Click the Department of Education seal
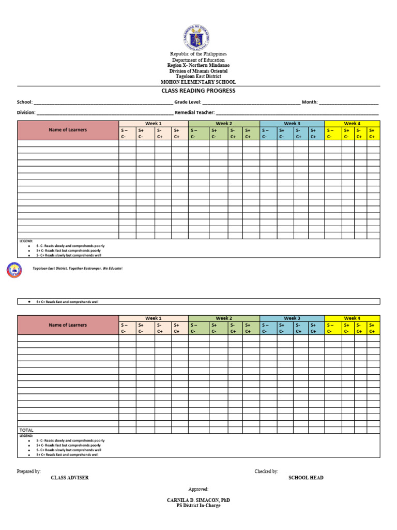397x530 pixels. click(x=196, y=37)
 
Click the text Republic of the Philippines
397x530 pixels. click(x=198, y=54)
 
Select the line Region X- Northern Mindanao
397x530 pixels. click(x=198, y=66)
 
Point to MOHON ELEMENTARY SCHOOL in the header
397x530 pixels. click(x=198, y=82)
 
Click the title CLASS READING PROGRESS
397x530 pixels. click(x=198, y=91)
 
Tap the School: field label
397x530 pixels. click(x=25, y=102)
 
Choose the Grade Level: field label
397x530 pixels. click(x=188, y=102)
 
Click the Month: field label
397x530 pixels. click(x=310, y=102)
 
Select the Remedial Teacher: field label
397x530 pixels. click(x=195, y=112)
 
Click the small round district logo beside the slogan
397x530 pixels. click(x=14, y=270)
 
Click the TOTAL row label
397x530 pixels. click(x=26, y=430)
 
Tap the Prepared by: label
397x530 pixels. click(x=29, y=472)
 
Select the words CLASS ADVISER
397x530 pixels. click(x=70, y=478)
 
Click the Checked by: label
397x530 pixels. click(x=266, y=472)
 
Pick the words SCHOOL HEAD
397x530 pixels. click(x=306, y=478)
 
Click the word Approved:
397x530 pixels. click(x=198, y=489)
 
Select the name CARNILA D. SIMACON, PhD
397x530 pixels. click(x=198, y=500)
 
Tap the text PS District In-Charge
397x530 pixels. click(x=198, y=506)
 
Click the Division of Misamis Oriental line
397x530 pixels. click(x=198, y=71)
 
